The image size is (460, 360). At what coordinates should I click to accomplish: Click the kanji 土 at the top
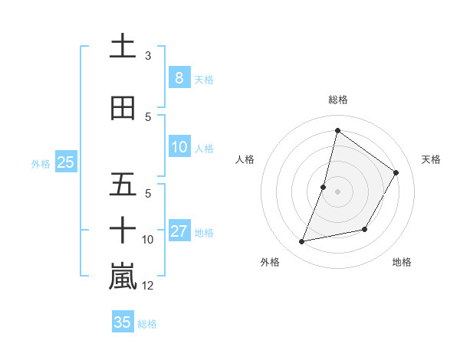[x=123, y=47]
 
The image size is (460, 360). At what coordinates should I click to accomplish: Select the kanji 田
[x=123, y=109]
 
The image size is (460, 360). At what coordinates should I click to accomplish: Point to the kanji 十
[x=123, y=230]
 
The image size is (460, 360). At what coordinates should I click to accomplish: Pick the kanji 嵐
[x=123, y=277]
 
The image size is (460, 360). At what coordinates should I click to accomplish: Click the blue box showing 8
[x=179, y=77]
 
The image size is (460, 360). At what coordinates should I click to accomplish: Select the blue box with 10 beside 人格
[x=179, y=147]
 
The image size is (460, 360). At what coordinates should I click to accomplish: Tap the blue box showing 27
[x=179, y=231]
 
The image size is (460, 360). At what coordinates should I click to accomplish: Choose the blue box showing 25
[x=65, y=162]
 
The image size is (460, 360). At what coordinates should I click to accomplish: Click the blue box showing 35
[x=122, y=322]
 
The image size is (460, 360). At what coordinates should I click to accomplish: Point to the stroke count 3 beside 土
[x=148, y=55]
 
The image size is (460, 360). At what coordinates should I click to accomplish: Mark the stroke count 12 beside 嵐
[x=148, y=286]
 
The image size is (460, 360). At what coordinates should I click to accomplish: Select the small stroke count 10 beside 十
[x=148, y=240]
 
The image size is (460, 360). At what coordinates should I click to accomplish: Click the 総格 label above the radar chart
[x=337, y=100]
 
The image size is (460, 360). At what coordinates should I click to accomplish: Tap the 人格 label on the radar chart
[x=245, y=159]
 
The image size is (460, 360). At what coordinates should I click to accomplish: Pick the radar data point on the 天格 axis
[x=396, y=173]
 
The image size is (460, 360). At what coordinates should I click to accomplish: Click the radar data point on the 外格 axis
[x=302, y=242]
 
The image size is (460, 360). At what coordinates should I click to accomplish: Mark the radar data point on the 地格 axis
[x=365, y=229]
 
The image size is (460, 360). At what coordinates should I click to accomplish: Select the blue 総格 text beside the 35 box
[x=147, y=324]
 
